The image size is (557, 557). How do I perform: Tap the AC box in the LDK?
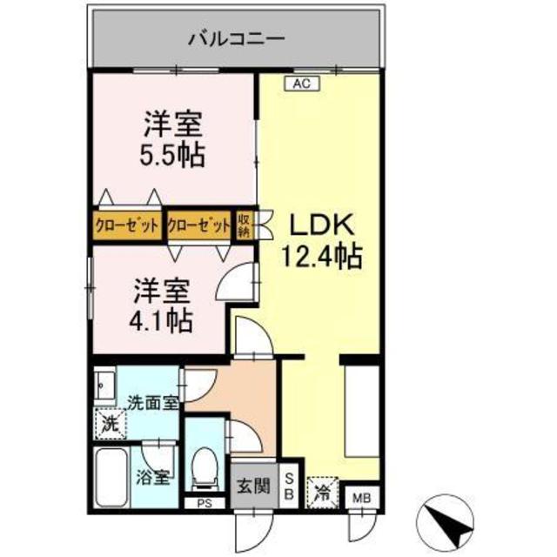(301, 84)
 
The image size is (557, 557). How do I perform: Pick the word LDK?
(319, 226)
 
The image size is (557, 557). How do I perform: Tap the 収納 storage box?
(245, 225)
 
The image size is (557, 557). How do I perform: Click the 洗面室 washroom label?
(153, 403)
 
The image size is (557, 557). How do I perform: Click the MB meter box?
(360, 499)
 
